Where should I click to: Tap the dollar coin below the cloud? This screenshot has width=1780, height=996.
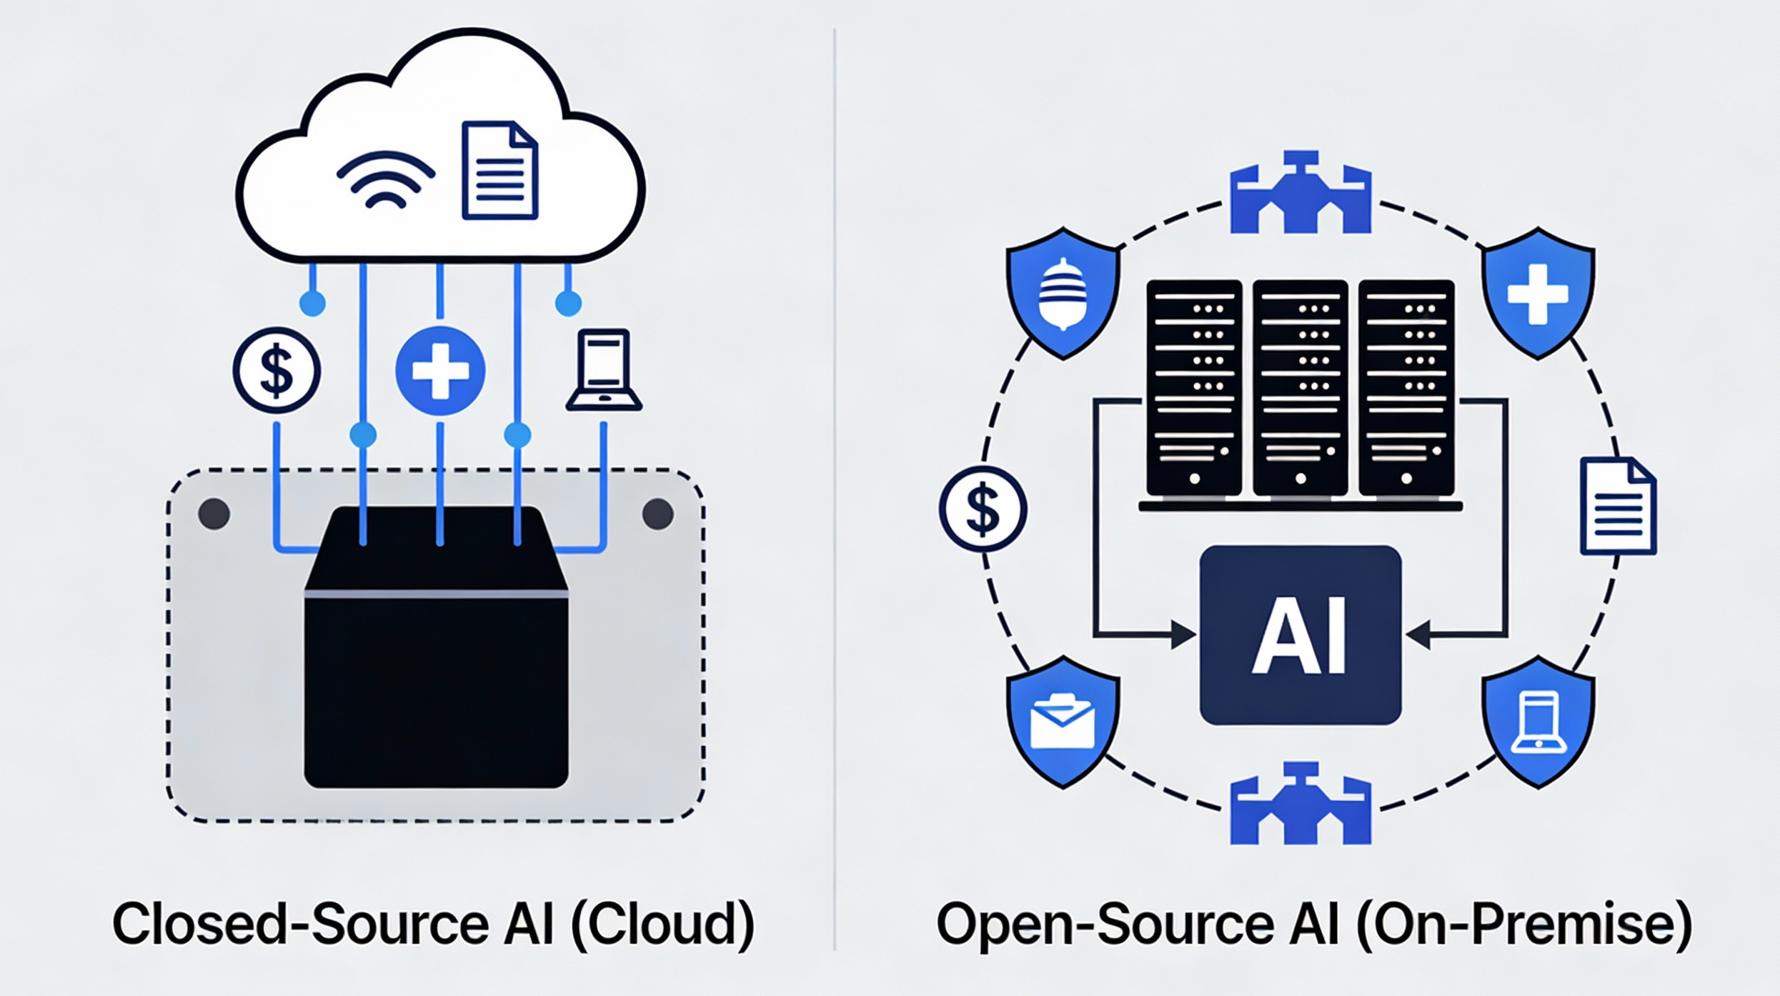click(277, 370)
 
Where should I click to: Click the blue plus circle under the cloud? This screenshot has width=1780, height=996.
click(440, 370)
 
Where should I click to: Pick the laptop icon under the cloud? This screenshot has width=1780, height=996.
click(604, 370)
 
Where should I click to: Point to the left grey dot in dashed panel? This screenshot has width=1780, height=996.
click(214, 514)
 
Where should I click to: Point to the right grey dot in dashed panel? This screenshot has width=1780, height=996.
click(657, 514)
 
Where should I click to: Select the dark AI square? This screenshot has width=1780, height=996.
click(1300, 635)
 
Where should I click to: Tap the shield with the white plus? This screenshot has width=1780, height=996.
click(1538, 294)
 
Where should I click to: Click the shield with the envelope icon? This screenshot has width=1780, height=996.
click(1063, 722)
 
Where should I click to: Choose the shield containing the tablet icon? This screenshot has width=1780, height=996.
click(1538, 722)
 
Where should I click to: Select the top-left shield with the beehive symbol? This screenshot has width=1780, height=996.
click(1063, 294)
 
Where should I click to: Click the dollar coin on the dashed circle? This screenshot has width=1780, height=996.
click(983, 509)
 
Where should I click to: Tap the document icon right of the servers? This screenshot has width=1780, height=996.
click(1618, 507)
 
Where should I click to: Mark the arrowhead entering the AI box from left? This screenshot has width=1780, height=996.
click(1183, 634)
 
